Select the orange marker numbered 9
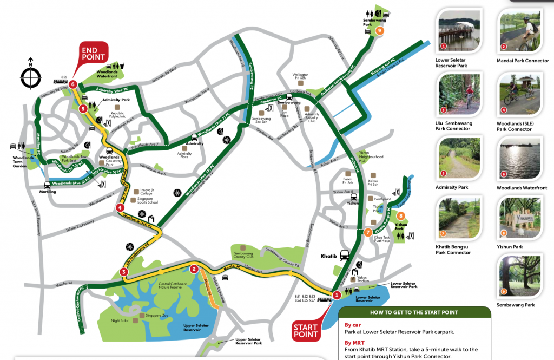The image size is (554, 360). point(380,31)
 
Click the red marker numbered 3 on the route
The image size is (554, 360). point(124,272)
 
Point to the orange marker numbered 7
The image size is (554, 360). point(368,233)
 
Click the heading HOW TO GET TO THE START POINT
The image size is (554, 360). point(414,312)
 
